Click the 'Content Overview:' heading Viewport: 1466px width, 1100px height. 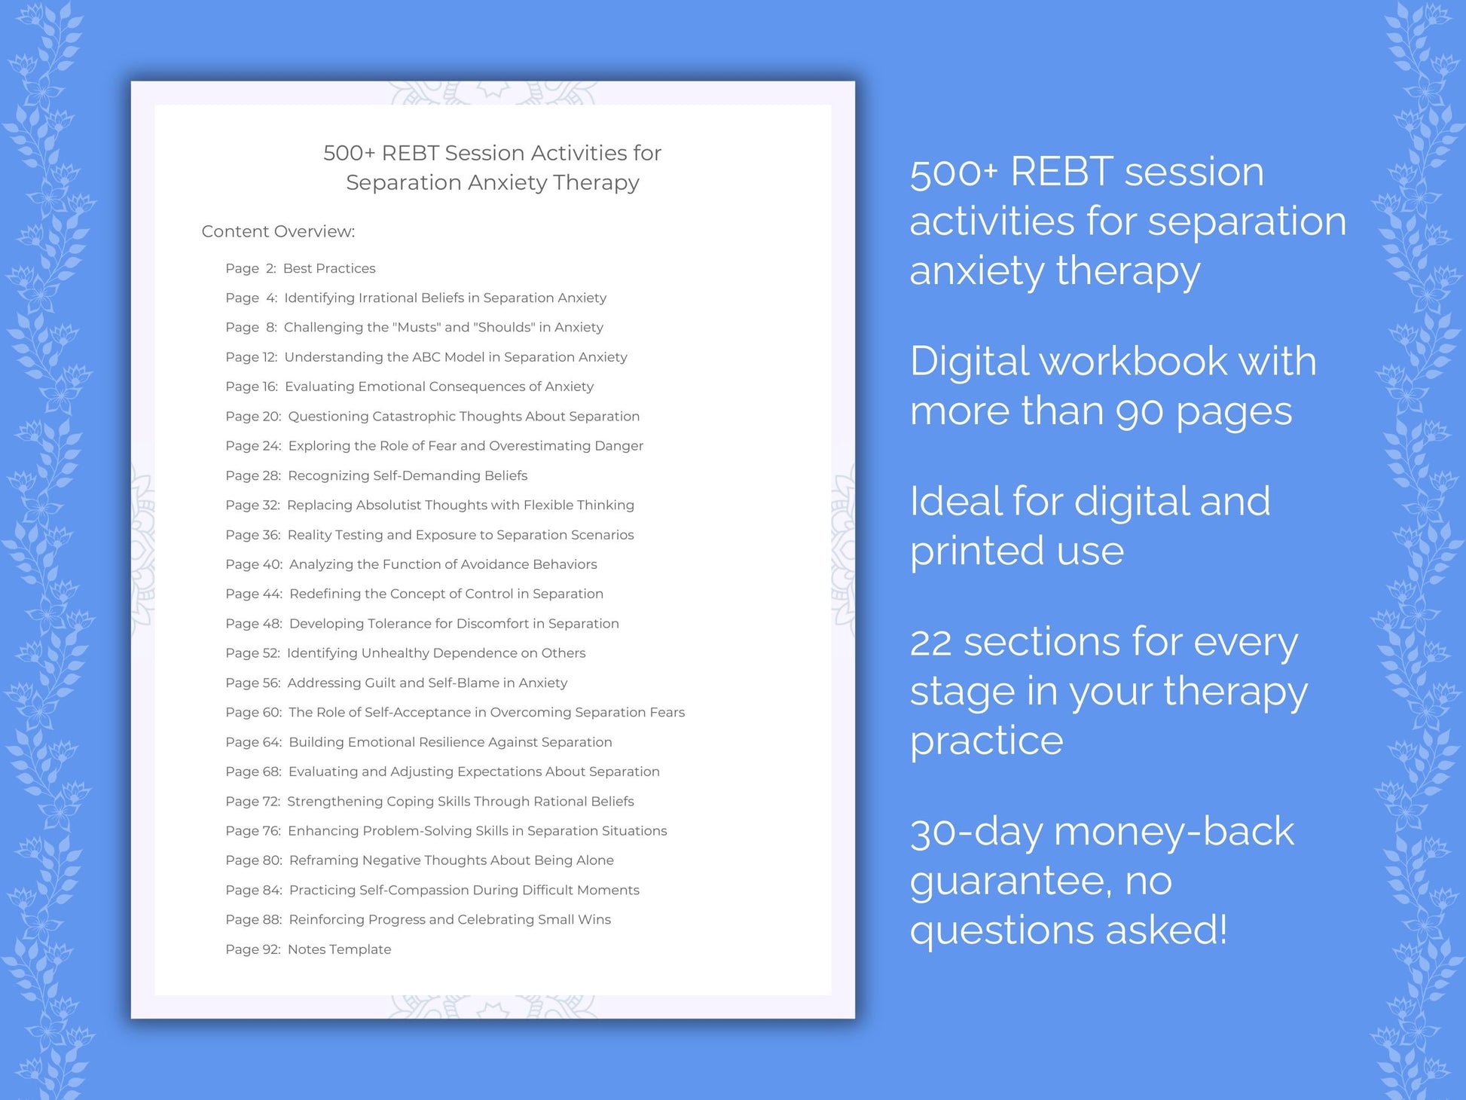[x=278, y=231]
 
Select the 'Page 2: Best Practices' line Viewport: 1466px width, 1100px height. [x=300, y=268]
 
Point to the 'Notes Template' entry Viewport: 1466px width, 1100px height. [x=339, y=949]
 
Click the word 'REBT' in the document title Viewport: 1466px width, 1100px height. [x=410, y=153]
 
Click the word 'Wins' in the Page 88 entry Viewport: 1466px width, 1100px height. [x=594, y=919]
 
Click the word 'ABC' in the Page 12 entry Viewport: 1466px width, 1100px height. [x=426, y=357]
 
